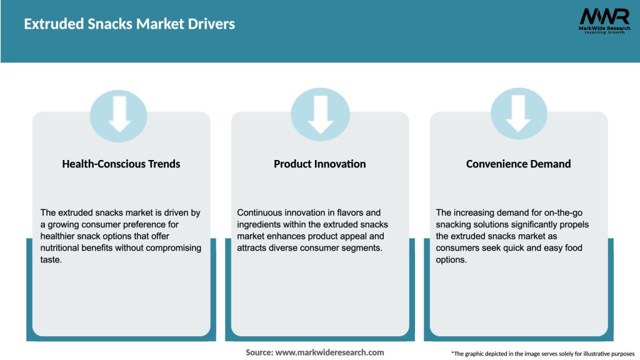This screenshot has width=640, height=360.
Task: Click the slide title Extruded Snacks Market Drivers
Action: [129, 24]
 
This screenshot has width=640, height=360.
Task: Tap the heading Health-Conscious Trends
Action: [121, 164]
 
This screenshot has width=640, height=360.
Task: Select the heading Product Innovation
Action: [320, 164]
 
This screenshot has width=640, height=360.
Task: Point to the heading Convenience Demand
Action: [519, 164]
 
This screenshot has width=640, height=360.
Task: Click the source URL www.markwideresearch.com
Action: [329, 352]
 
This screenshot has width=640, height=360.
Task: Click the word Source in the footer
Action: [259, 352]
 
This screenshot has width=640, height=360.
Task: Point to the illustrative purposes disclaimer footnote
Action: [542, 354]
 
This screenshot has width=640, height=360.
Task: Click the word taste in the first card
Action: [52, 260]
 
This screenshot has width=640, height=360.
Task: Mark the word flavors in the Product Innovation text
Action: [349, 212]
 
